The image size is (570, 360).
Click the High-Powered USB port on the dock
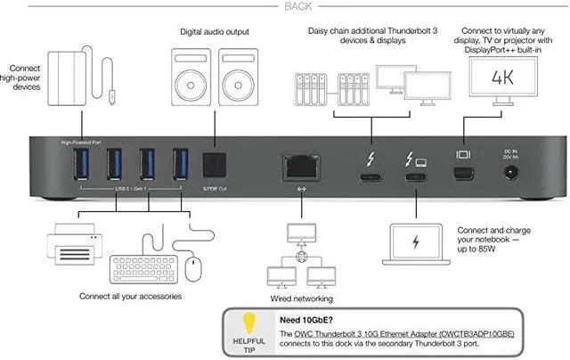pyautogui.click(x=77, y=165)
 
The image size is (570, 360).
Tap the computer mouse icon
pyautogui.click(x=194, y=264)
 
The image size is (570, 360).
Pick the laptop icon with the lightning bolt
pyautogui.click(x=418, y=245)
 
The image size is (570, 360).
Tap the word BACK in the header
pyautogui.click(x=284, y=7)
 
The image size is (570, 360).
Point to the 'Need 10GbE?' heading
pyautogui.click(x=308, y=318)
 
